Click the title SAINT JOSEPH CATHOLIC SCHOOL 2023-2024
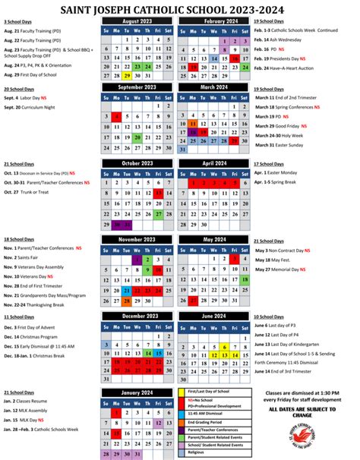[180, 8]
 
